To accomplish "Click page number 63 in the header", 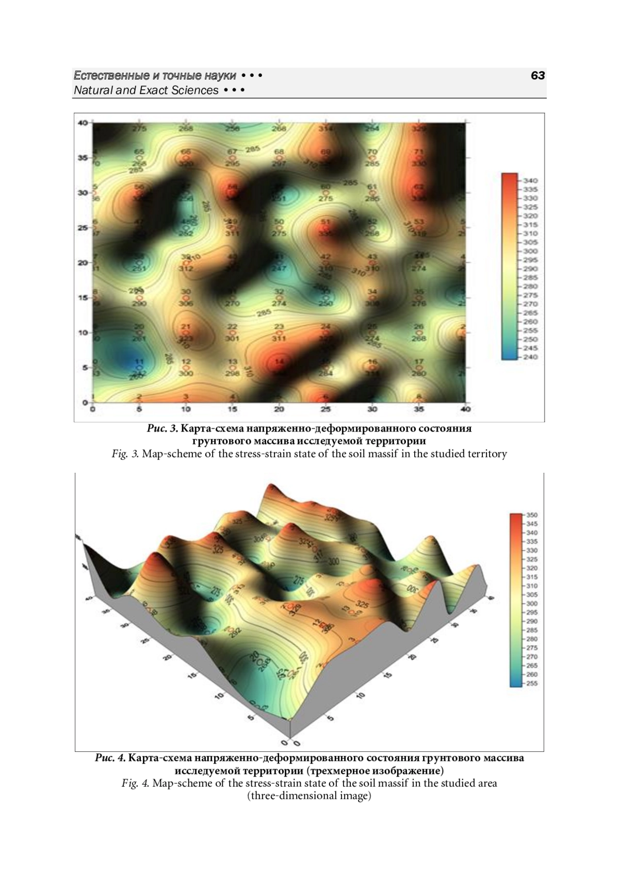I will [x=537, y=76].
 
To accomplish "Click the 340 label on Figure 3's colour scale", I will [x=530, y=180].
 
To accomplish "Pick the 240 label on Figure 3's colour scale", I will [x=530, y=357].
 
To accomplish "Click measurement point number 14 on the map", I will [x=279, y=361].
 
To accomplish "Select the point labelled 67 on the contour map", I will [x=233, y=151].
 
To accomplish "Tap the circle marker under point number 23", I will [x=279, y=333].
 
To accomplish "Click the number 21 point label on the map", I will [x=186, y=326].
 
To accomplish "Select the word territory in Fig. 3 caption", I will [x=487, y=454].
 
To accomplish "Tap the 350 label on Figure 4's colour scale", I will [x=532, y=515].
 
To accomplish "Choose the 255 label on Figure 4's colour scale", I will [x=532, y=683].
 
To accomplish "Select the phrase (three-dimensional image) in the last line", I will [x=309, y=796].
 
